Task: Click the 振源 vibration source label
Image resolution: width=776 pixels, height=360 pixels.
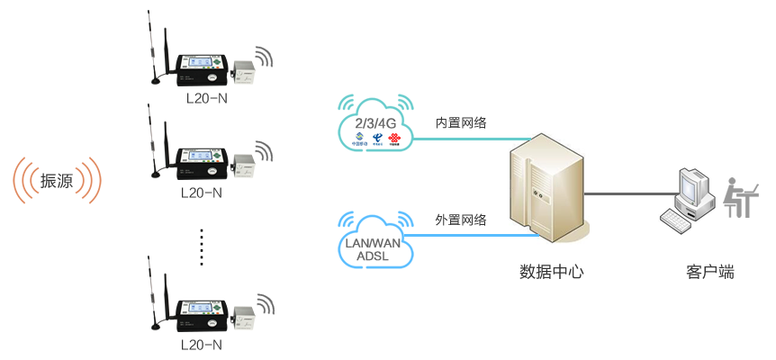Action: pos(57,181)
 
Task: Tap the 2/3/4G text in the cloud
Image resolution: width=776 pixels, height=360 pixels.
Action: pos(376,122)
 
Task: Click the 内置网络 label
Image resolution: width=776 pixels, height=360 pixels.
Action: pos(462,122)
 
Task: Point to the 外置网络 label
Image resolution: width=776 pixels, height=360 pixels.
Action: pos(462,220)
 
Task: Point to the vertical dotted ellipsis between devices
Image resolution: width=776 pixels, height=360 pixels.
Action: pos(202,247)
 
